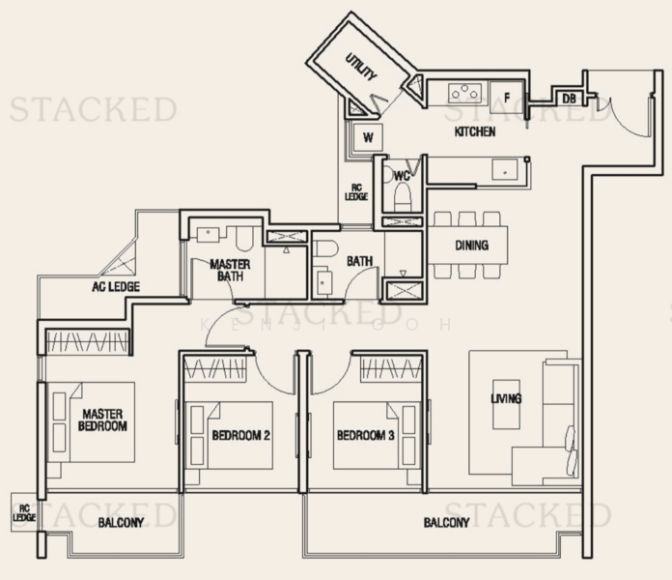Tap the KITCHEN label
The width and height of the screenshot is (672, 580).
click(475, 131)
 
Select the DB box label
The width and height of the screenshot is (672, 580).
click(568, 98)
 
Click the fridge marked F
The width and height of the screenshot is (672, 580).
click(507, 95)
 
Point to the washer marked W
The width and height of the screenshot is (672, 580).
click(367, 137)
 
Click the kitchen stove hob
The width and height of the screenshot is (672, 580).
click(464, 94)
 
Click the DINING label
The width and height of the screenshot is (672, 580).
click(471, 246)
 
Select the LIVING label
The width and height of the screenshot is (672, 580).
click(506, 398)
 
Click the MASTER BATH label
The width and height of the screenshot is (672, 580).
click(230, 271)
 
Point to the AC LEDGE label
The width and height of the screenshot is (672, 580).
click(116, 287)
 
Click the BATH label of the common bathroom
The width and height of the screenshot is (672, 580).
click(360, 261)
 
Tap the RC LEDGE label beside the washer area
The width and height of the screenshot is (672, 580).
click(355, 192)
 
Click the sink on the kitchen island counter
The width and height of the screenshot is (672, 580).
click(503, 169)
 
